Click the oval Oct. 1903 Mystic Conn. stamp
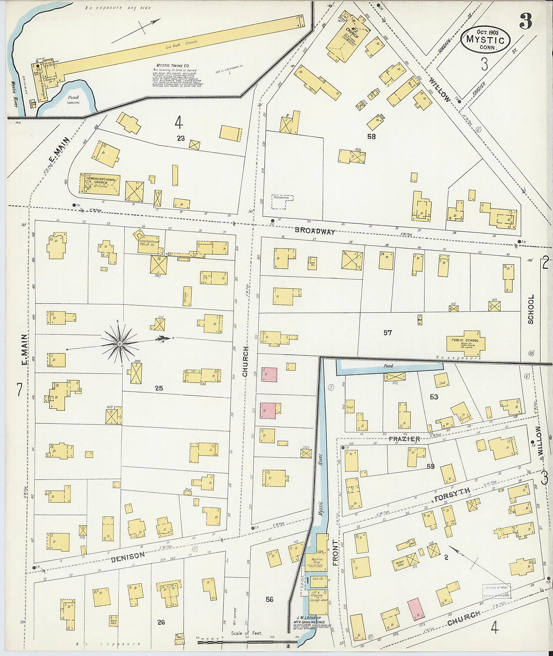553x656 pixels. pyautogui.click(x=485, y=38)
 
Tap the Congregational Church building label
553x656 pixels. pyautogui.click(x=101, y=181)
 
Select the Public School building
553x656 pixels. pyautogui.click(x=466, y=341)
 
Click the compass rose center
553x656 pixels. pyautogui.click(x=120, y=344)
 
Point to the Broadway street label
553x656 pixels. pyautogui.click(x=314, y=232)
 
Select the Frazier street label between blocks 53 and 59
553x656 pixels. pyautogui.click(x=404, y=439)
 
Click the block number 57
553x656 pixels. pyautogui.click(x=387, y=333)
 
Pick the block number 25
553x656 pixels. pyautogui.click(x=159, y=388)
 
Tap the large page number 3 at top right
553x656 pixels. pyautogui.click(x=525, y=22)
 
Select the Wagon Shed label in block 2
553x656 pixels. pyautogui.click(x=400, y=563)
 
